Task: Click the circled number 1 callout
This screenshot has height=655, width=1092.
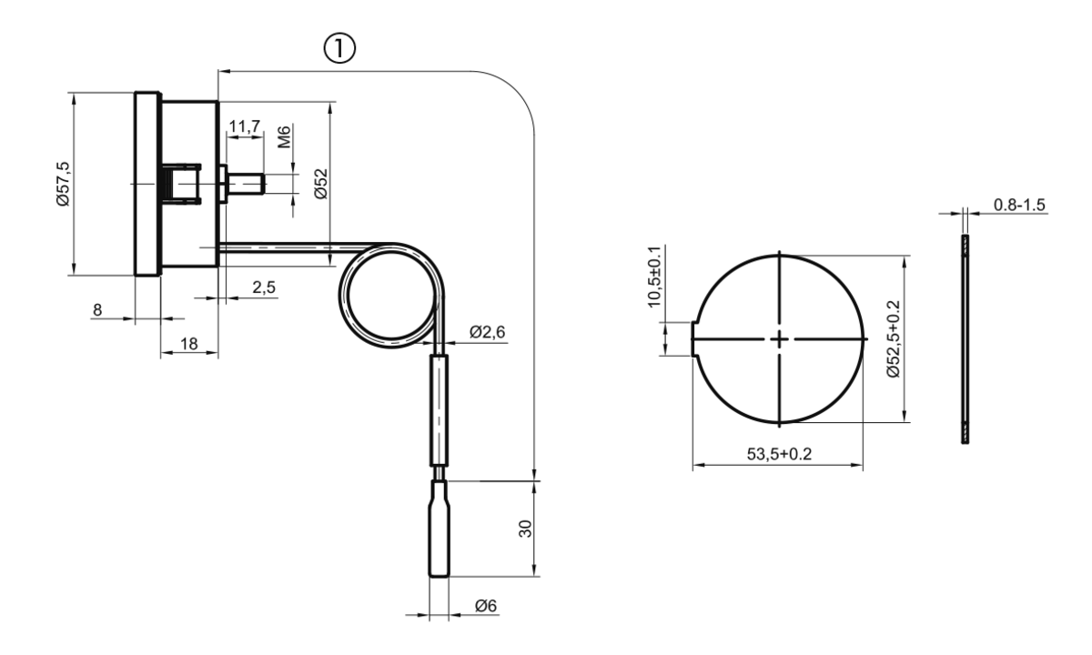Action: coord(339,48)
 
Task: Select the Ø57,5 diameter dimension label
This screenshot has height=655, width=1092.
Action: coord(64,184)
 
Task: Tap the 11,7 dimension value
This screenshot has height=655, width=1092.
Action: coord(245,126)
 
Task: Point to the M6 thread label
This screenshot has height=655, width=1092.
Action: coord(284,137)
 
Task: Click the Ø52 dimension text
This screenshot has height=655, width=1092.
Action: coord(321,184)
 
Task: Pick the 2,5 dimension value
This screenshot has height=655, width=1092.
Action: coord(264,287)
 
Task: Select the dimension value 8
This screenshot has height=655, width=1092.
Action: coord(97,309)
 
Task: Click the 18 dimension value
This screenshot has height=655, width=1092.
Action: coord(189,344)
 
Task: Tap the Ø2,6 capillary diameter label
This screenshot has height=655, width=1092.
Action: coord(487,332)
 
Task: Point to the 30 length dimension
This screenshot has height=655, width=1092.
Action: coord(525,529)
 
